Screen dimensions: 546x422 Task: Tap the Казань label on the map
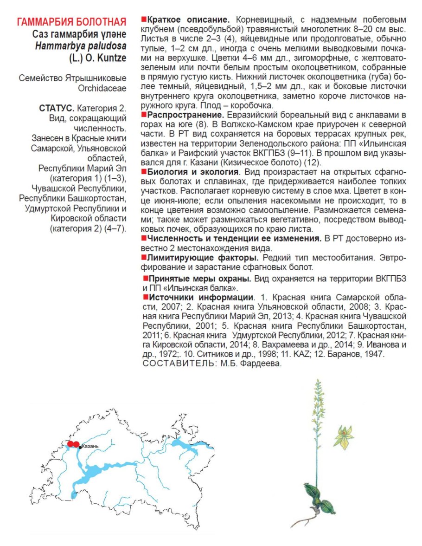click(x=90, y=446)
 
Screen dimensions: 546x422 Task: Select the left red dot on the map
click(x=70, y=444)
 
